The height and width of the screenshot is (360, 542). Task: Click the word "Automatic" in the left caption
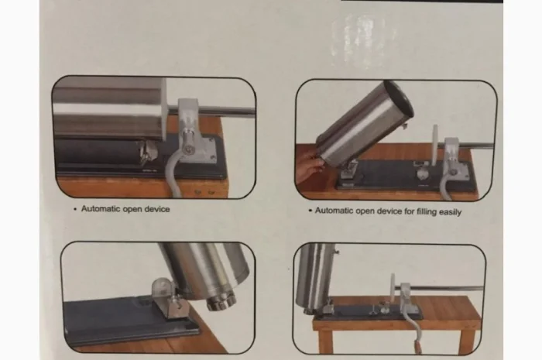click(100, 209)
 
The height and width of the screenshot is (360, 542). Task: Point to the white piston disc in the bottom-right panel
click(393, 290)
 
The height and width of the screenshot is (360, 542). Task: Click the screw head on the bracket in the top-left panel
click(189, 150)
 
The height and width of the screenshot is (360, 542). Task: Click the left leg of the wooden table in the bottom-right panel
click(325, 340)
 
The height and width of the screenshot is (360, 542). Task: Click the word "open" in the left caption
click(132, 210)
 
